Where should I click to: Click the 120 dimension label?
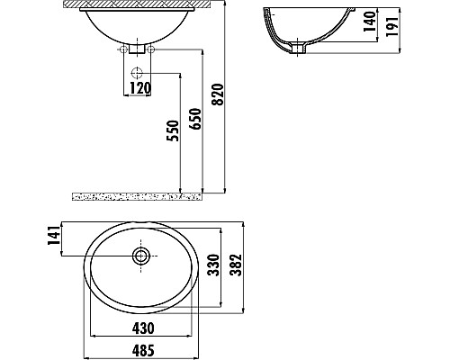139,88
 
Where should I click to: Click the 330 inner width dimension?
214,266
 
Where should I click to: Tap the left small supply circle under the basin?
121,52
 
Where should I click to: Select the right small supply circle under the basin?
154,52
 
